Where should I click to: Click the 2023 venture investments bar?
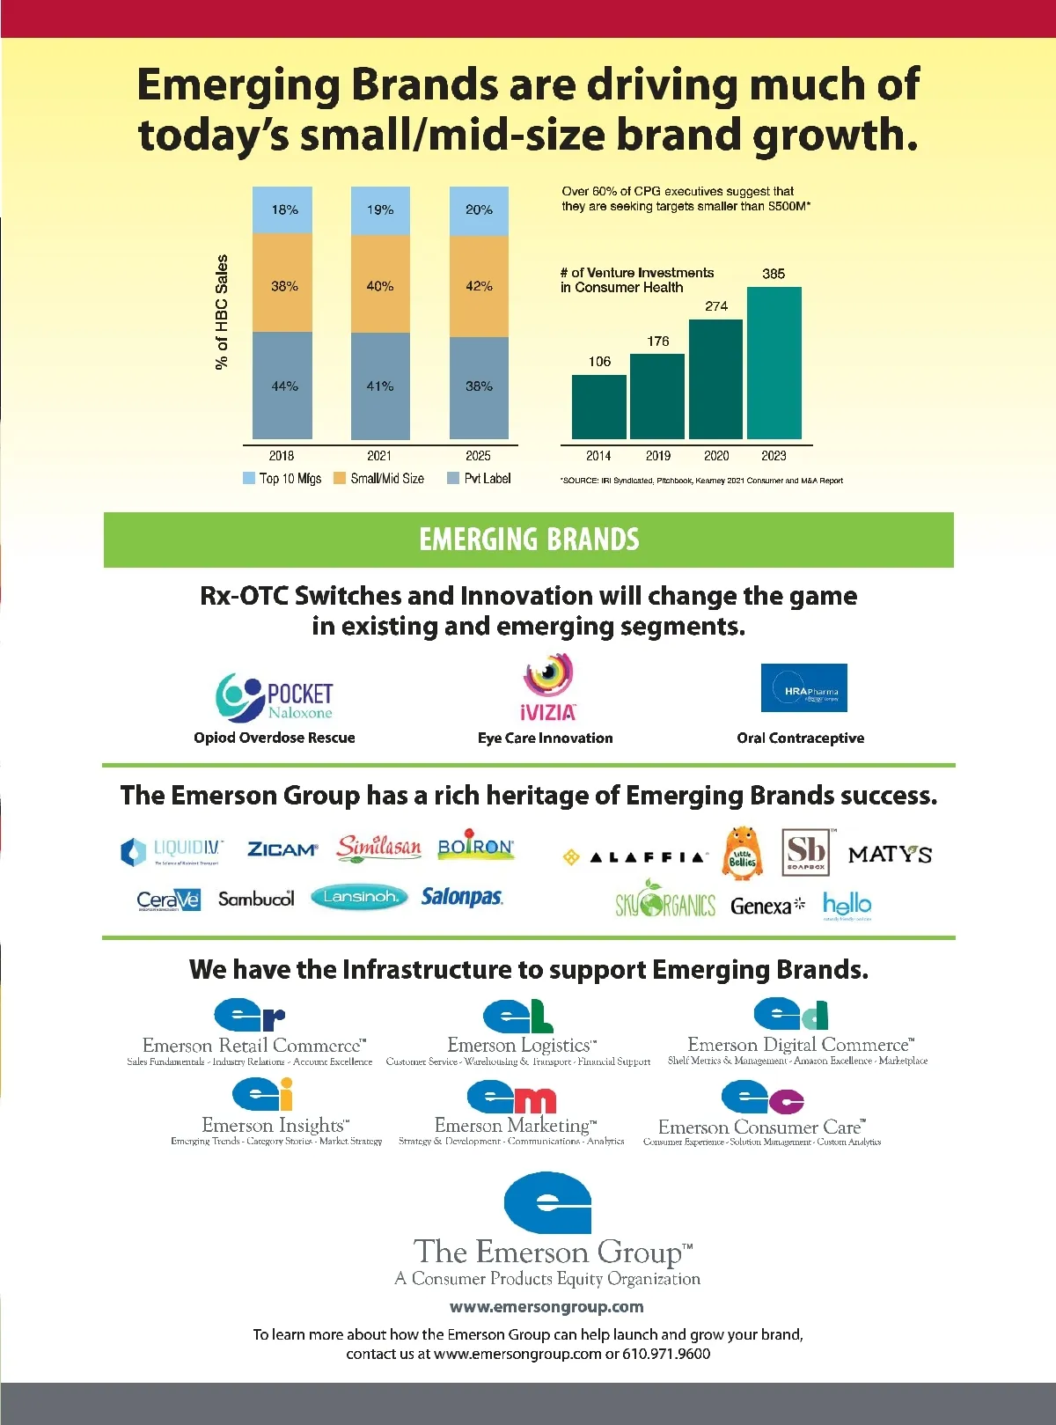774,363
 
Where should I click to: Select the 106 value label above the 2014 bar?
599,362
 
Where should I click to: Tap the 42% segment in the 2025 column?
479,286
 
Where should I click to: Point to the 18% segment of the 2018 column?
282,209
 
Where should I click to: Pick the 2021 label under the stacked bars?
379,456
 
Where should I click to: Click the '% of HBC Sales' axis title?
222,312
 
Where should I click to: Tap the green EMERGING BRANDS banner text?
529,540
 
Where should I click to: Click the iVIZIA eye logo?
548,687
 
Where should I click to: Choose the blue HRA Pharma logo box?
803,687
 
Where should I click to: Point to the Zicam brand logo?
282,849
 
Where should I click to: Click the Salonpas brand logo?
462,897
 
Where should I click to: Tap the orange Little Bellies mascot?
742,852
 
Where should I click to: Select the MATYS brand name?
890,855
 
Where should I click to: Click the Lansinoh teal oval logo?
360,897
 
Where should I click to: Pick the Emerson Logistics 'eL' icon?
517,1016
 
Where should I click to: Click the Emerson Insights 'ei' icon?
262,1095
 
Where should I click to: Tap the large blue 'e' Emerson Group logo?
547,1202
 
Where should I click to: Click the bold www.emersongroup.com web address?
546,1307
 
